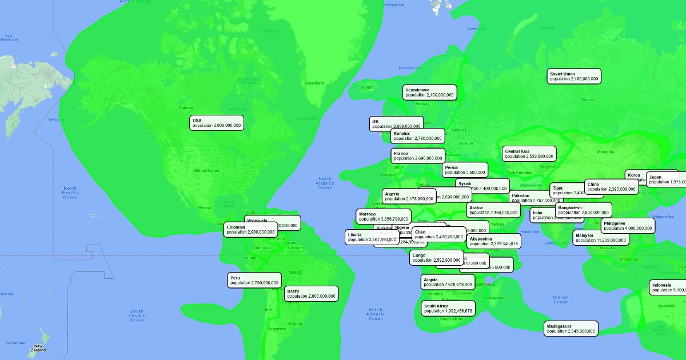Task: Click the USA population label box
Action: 217,123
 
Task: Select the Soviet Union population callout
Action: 574,76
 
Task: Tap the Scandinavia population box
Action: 429,93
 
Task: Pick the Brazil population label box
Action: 311,294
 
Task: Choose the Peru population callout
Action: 254,280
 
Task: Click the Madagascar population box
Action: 571,328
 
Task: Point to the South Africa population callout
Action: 448,309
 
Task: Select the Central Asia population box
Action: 529,154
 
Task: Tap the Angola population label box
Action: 448,282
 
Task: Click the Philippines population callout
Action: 627,226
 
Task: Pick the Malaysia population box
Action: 601,238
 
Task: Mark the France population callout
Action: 417,155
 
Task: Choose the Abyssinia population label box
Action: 494,241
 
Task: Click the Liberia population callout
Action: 372,237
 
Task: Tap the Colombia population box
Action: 250,229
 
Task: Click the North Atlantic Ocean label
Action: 325,183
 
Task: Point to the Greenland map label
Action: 314,83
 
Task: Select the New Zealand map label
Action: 38,347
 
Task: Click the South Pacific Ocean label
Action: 137,315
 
